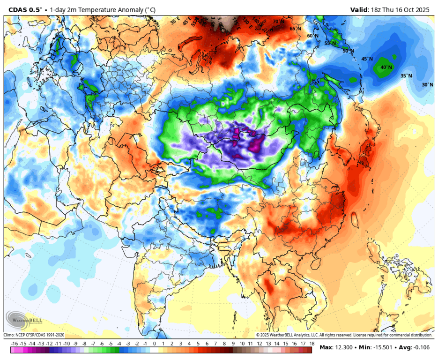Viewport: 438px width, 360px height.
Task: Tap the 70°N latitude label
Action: (x=278, y=22)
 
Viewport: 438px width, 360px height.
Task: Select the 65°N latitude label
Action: (x=295, y=29)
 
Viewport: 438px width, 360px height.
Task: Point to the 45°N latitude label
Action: (x=367, y=59)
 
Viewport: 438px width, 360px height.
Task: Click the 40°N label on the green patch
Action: (x=386, y=67)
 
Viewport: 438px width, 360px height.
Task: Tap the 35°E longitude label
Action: (x=175, y=21)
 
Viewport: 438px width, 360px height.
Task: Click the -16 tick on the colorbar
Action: (x=14, y=344)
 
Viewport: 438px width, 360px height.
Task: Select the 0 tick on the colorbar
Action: (x=154, y=344)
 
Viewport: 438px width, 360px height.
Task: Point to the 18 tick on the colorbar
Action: (x=311, y=344)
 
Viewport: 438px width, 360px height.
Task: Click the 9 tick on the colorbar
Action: (x=233, y=344)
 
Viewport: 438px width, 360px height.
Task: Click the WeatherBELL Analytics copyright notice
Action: (x=344, y=335)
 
